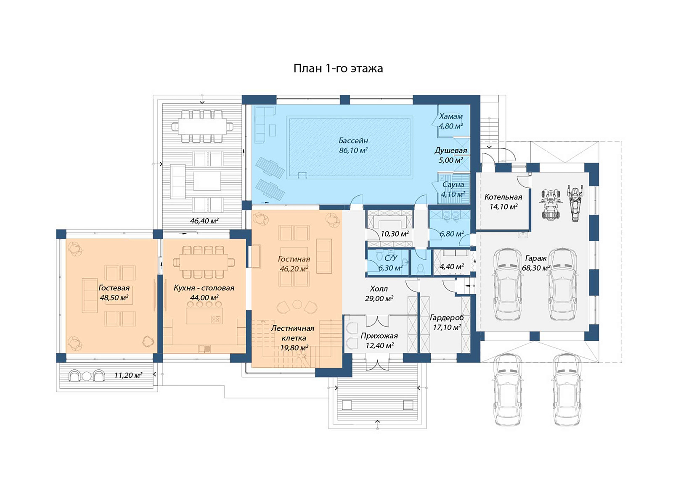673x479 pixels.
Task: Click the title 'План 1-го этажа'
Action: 338,69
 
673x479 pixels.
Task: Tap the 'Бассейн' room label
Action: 353,140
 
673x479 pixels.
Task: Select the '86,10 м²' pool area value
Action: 353,150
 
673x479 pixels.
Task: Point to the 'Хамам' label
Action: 450,116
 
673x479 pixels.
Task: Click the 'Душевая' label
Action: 450,150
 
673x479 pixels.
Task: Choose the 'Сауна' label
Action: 453,184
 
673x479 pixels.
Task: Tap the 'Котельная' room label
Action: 503,197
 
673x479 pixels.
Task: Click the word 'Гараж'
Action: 536,258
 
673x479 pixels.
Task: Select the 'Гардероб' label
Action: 447,318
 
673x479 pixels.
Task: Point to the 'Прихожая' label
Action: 379,336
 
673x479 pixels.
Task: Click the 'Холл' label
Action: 379,289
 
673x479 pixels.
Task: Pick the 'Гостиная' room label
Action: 294,259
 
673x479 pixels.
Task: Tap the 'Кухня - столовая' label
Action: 204,288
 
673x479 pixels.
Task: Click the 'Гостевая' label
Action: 114,288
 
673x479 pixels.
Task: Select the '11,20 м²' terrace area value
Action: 128,375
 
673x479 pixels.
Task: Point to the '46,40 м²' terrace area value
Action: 204,221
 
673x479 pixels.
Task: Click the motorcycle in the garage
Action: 575,203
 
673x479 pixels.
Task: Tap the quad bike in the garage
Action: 551,204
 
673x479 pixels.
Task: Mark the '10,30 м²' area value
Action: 395,234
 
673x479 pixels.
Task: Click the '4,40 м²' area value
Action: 452,266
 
